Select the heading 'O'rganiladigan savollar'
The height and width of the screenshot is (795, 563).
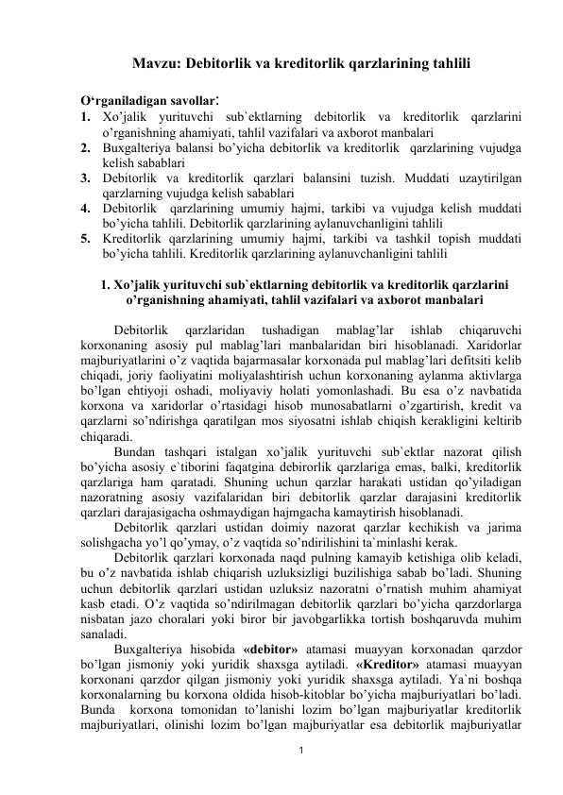140,99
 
